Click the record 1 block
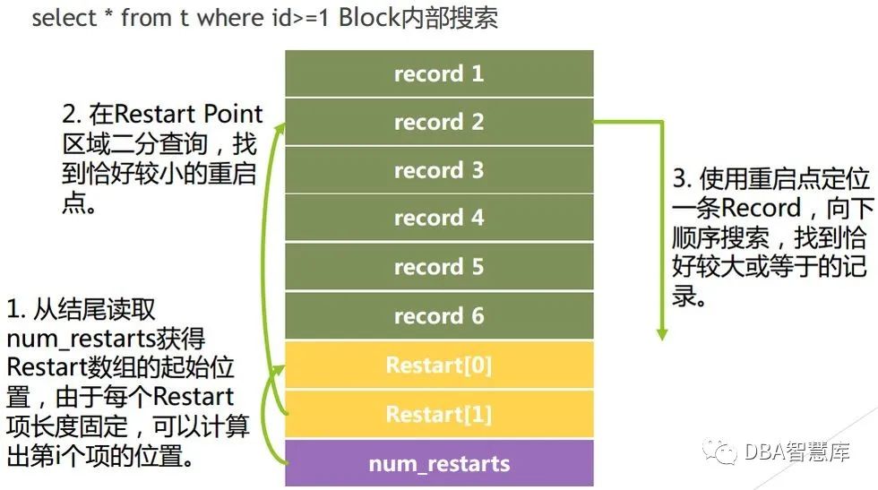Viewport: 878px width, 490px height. (x=439, y=73)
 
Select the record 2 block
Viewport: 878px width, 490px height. (x=439, y=122)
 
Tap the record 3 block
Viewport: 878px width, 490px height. (x=439, y=170)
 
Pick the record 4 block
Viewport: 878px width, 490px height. (x=439, y=218)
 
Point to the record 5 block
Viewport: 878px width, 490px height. (x=439, y=267)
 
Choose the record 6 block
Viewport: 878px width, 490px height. (x=439, y=315)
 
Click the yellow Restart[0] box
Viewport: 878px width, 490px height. (x=439, y=365)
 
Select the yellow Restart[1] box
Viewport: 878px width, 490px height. (x=439, y=414)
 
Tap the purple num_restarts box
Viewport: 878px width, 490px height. (x=439, y=463)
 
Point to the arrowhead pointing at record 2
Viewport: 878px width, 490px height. (x=280, y=129)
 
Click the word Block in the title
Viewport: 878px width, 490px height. (x=369, y=18)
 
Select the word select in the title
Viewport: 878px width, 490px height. (x=62, y=18)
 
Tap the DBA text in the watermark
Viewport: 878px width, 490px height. (x=764, y=451)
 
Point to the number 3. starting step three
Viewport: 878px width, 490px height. (x=682, y=179)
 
